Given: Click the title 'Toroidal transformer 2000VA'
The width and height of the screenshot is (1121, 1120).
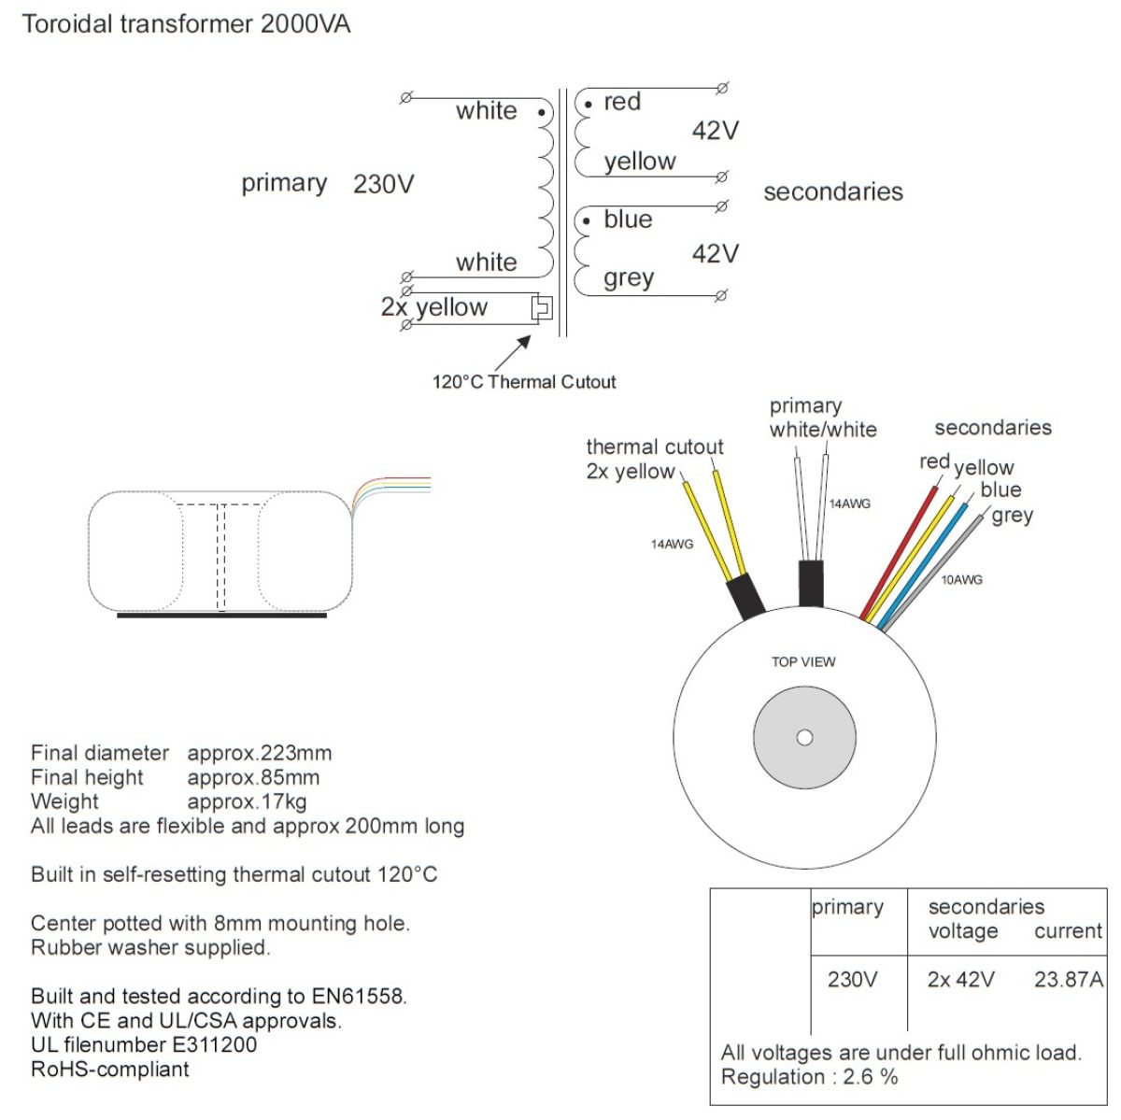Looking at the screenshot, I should [x=186, y=24].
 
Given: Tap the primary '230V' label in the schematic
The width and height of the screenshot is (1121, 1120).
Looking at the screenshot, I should [x=383, y=184].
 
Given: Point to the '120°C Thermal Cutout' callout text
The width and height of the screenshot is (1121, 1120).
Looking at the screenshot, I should [x=523, y=382].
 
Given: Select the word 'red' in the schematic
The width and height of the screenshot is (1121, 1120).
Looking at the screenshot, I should [x=622, y=102].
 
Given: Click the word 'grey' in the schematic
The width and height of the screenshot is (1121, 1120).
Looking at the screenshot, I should [x=629, y=278].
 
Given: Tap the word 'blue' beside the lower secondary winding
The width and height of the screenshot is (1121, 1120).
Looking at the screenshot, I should [x=628, y=220].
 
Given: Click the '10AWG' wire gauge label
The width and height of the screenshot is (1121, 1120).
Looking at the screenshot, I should [x=961, y=580].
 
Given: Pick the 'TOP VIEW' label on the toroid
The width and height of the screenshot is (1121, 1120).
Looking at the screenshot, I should [x=803, y=662].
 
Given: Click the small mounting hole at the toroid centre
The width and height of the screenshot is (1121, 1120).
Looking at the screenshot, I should [x=804, y=738].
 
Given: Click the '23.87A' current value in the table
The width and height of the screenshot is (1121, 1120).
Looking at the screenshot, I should [x=1069, y=980].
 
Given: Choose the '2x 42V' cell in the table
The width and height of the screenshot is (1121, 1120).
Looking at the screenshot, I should [x=960, y=980].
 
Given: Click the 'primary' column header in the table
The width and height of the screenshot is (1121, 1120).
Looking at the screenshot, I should [x=847, y=907].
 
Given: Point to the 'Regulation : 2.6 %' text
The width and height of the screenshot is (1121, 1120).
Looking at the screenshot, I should [x=809, y=1077].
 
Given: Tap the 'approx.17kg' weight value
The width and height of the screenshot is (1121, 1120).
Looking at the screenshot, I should [x=247, y=801].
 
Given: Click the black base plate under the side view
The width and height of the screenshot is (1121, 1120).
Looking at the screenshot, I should [x=221, y=616].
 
